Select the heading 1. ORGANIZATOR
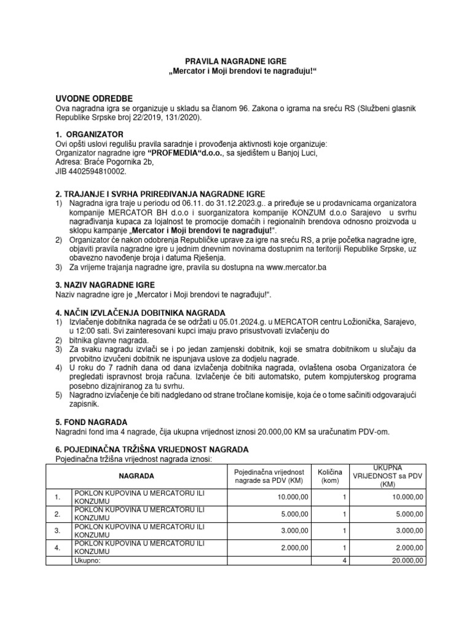[x=90, y=134]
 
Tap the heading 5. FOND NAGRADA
[x=92, y=422]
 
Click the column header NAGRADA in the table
[x=137, y=476]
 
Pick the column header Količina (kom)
[x=331, y=476]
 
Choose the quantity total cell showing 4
[x=345, y=561]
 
